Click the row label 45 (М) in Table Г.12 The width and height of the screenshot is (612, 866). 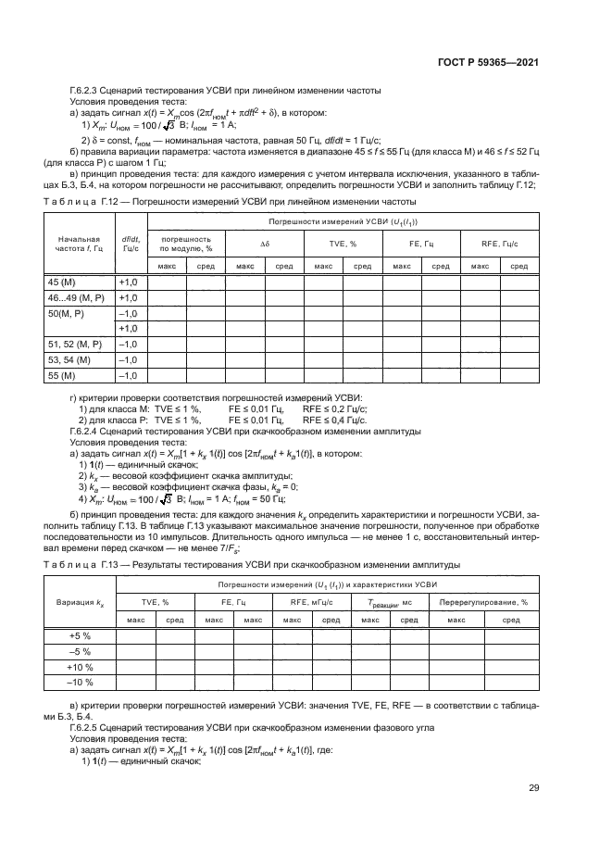[x=63, y=282]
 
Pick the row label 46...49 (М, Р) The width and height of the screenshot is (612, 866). [x=77, y=297]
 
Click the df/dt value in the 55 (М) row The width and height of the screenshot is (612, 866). [x=128, y=375]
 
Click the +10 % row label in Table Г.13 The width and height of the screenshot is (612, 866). [x=81, y=667]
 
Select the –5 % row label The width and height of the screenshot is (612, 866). [x=81, y=651]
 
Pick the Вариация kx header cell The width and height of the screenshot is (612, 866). [x=81, y=601]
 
